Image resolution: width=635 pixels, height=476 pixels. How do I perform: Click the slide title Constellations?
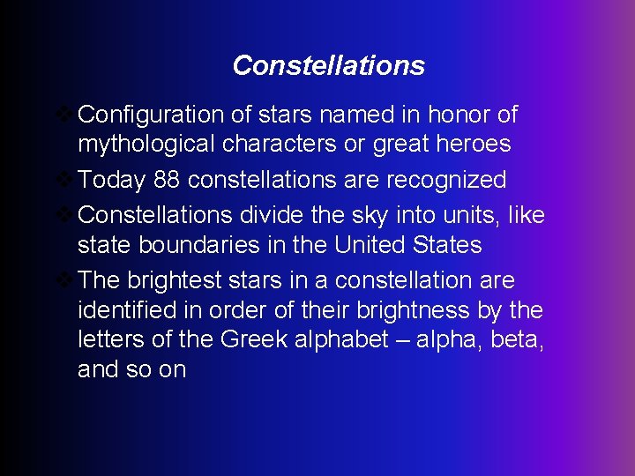tap(328, 65)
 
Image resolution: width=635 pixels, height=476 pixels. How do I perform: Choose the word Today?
tap(111, 181)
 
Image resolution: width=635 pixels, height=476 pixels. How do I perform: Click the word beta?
tap(515, 340)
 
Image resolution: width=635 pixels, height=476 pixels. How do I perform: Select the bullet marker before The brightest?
tap(66, 280)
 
